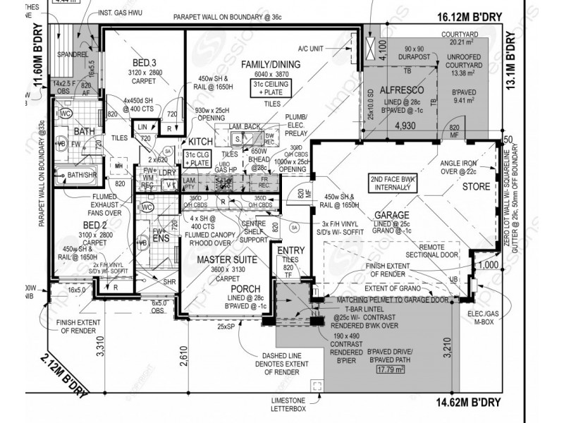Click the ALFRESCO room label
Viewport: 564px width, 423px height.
click(401, 90)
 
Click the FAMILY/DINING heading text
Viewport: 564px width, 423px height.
click(271, 64)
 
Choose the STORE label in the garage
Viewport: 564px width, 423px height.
click(476, 188)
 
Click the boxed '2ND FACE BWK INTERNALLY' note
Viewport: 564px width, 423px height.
click(393, 183)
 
